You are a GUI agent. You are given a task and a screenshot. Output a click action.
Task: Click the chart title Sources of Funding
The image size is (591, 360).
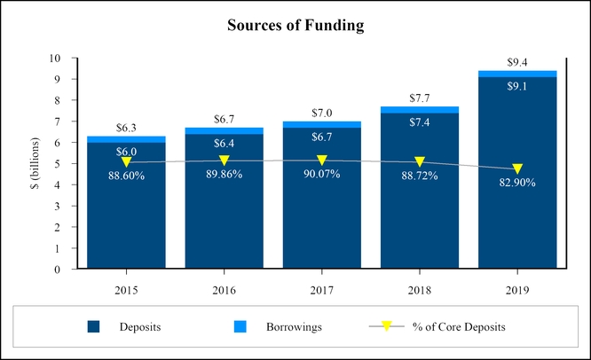(295, 27)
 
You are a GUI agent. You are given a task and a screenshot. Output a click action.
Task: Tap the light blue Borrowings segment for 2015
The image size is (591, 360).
(126, 139)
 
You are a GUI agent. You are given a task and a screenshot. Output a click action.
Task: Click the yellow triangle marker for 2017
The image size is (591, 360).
(321, 160)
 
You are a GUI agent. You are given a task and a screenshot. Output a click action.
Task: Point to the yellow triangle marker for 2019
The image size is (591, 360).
(517, 168)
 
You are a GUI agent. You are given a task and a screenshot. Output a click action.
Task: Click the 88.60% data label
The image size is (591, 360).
(126, 176)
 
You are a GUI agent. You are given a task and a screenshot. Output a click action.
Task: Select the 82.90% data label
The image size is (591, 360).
(517, 184)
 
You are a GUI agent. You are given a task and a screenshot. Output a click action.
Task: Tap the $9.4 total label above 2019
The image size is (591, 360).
(517, 62)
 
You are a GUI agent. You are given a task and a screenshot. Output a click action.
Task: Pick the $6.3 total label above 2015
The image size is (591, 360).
(126, 128)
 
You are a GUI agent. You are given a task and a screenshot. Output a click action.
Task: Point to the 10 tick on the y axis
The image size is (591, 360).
(54, 59)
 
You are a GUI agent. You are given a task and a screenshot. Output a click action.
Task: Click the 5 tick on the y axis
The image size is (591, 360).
(57, 164)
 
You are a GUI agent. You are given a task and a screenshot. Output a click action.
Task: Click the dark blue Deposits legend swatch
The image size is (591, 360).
(94, 327)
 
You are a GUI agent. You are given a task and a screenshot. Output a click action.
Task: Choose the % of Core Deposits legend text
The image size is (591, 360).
(459, 327)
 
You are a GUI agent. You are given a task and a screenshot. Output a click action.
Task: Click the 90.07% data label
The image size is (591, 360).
(321, 176)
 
